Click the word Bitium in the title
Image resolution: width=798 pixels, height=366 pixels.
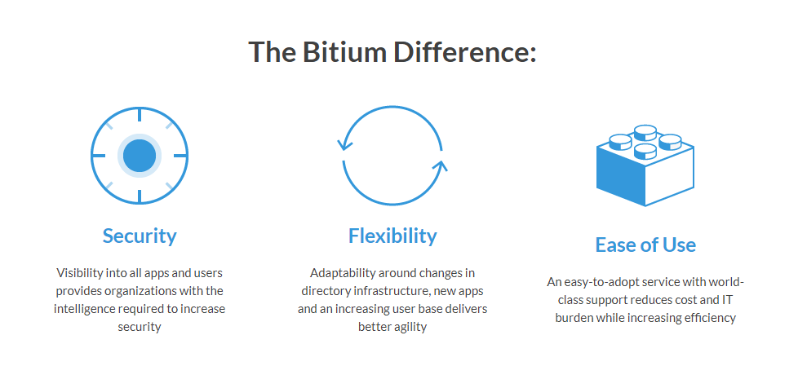[338, 52]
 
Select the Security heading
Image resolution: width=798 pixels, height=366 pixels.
[140, 236]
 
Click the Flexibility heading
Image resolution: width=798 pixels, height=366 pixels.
[392, 236]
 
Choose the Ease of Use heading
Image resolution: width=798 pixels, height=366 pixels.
[645, 245]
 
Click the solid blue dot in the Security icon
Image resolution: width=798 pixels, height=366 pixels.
[140, 156]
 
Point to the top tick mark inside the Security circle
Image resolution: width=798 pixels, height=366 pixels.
[140, 116]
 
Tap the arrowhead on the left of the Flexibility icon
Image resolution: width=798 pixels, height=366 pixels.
[344, 146]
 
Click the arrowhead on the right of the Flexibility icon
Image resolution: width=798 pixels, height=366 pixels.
[441, 167]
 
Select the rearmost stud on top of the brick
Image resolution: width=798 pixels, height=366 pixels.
[645, 130]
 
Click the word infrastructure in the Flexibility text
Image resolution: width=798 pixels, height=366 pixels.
[382, 291]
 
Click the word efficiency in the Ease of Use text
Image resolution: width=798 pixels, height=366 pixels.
[707, 318]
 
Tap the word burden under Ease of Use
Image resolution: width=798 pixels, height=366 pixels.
[574, 318]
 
